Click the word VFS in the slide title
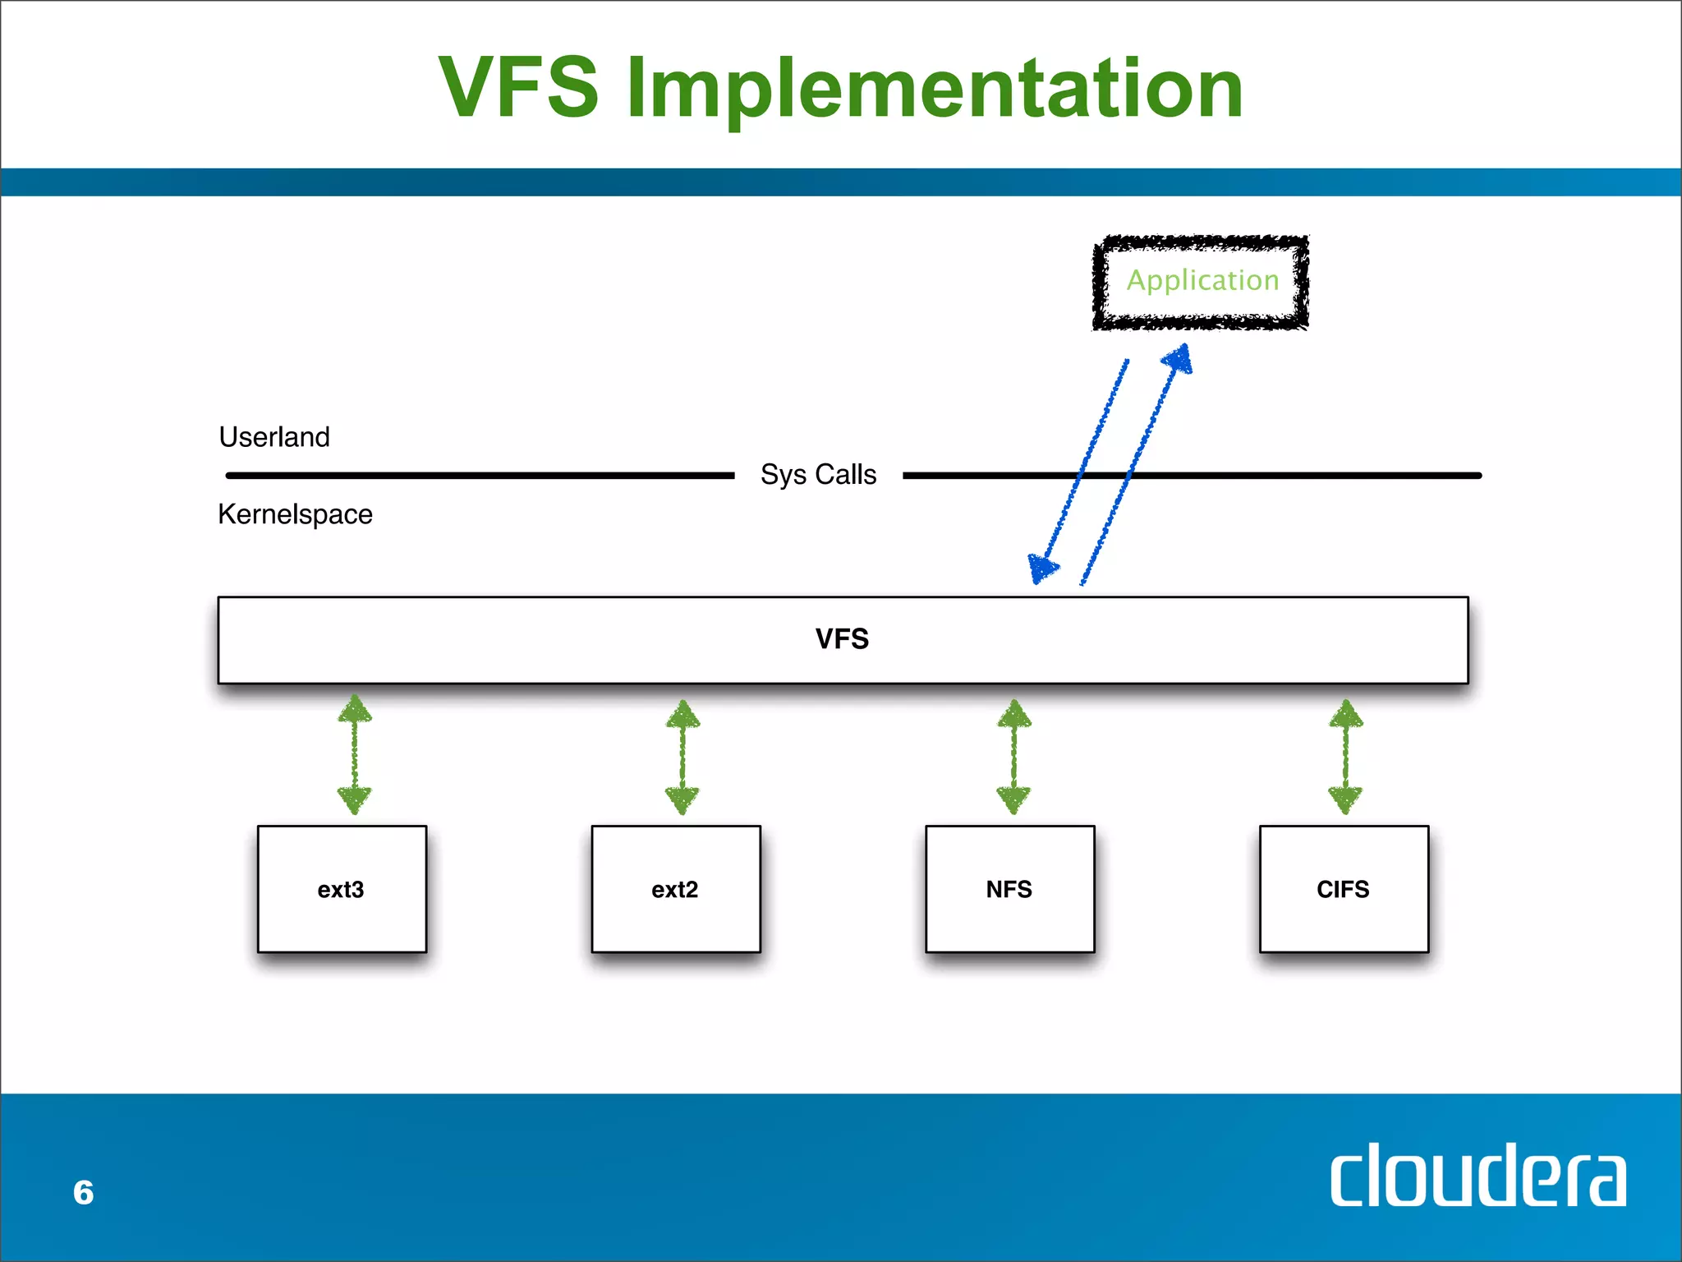[519, 87]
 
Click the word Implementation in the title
[935, 89]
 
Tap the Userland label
[274, 437]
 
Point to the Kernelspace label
[295, 514]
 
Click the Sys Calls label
[818, 475]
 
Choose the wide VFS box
[843, 639]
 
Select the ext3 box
[342, 889]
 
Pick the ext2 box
[675, 889]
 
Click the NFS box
[1009, 889]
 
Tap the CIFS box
[1344, 889]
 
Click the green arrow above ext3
[355, 754]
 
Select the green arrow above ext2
[682, 757]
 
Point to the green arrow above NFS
[1014, 757]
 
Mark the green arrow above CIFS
[1346, 757]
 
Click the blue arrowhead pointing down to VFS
[1042, 567]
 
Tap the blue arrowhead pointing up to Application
[1179, 359]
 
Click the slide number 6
[83, 1192]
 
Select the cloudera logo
[1477, 1176]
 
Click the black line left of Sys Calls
[480, 475]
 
